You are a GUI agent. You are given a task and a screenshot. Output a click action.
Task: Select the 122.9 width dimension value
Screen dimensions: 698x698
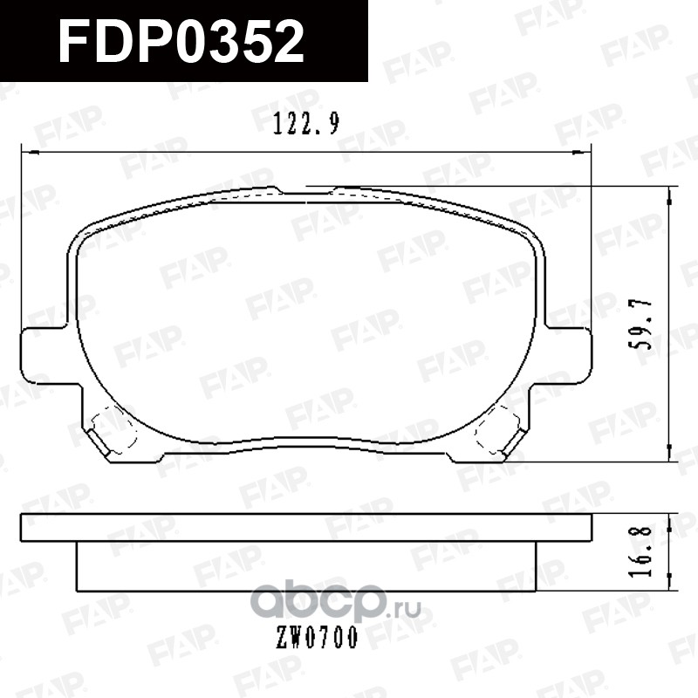[306, 124]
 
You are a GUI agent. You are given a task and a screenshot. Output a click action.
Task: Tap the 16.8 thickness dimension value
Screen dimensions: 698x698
[641, 551]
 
